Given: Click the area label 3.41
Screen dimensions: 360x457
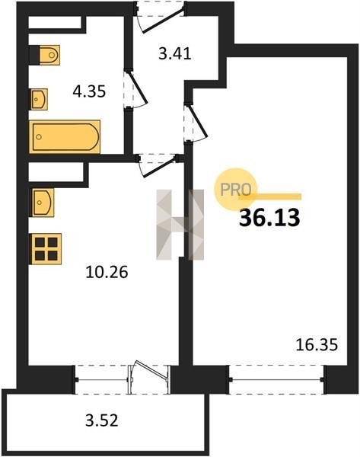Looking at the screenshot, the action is tap(175, 54).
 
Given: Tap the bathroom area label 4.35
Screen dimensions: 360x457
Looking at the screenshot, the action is tap(89, 91).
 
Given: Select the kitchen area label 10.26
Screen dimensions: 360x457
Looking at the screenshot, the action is tap(107, 272).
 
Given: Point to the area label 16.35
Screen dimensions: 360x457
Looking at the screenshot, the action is tap(317, 345).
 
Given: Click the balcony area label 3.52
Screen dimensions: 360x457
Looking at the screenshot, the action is tap(102, 421).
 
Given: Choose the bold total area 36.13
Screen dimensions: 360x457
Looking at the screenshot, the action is tap(269, 218).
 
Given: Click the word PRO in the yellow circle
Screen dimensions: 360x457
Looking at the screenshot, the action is tap(236, 190).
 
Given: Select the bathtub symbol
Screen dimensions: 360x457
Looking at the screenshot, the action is tap(65, 136).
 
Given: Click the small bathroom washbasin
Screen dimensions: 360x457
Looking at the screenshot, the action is tap(39, 99).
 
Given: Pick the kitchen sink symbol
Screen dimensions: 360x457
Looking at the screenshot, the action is tap(43, 203).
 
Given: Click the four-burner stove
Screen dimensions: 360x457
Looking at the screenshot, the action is tap(46, 249).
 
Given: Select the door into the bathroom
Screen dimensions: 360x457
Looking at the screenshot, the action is tap(136, 91).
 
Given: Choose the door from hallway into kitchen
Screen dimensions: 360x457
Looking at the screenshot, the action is tap(158, 165).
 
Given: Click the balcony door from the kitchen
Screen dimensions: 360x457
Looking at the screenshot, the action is tap(149, 377).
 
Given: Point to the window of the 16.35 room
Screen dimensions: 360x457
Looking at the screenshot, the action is tap(277, 379).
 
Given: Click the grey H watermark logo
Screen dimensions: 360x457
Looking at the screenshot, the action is tap(180, 225).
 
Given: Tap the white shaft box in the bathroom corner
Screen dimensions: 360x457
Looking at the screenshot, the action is tap(55, 23).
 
